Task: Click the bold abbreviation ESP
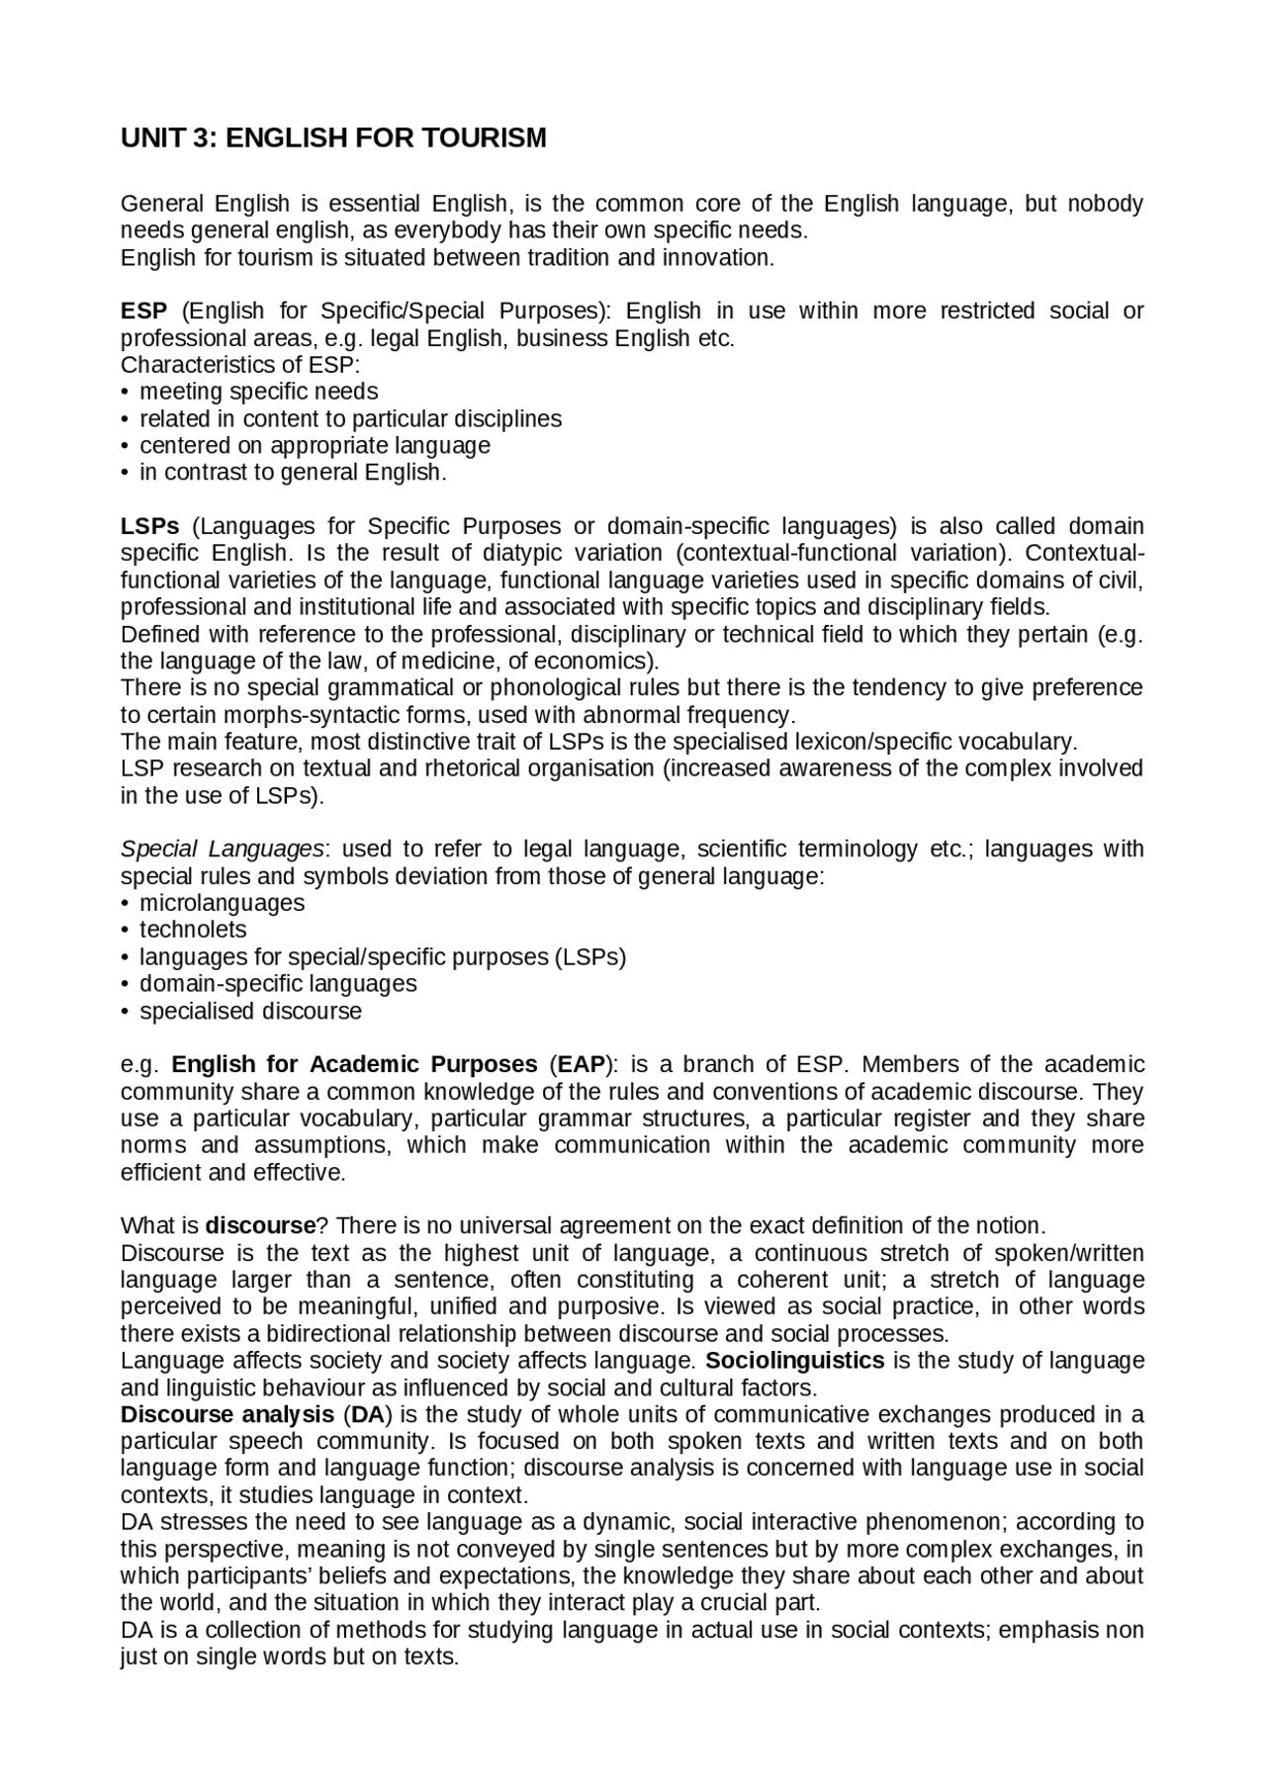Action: pyautogui.click(x=143, y=312)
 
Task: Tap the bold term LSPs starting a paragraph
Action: pyautogui.click(x=149, y=526)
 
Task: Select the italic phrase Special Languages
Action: pyautogui.click(x=222, y=850)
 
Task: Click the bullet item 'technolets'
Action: pyautogui.click(x=193, y=930)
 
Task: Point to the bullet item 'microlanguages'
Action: pyautogui.click(x=222, y=903)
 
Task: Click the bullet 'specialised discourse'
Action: pyautogui.click(x=250, y=1012)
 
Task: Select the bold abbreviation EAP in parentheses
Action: pyautogui.click(x=580, y=1065)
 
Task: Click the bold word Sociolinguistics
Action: pyautogui.click(x=795, y=1361)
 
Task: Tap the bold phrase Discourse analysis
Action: pyautogui.click(x=227, y=1415)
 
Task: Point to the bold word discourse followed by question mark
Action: pyautogui.click(x=260, y=1226)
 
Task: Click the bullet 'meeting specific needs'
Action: pyautogui.click(x=258, y=392)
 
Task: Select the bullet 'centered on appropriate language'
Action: pyautogui.click(x=315, y=446)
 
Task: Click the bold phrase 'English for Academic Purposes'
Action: pyautogui.click(x=354, y=1065)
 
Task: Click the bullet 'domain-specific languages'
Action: pyautogui.click(x=278, y=984)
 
